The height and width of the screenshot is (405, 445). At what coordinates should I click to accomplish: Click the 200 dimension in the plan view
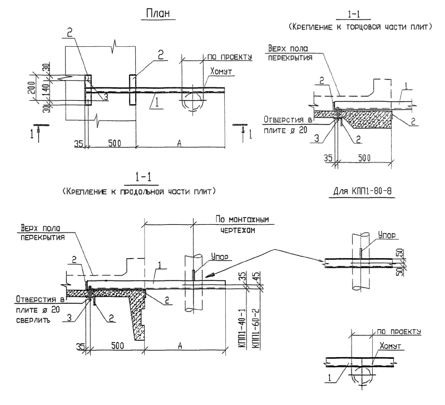pyautogui.click(x=32, y=87)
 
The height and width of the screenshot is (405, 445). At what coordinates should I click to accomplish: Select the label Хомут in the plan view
pyautogui.click(x=221, y=71)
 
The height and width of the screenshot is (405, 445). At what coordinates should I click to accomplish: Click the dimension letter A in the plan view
pyautogui.click(x=179, y=144)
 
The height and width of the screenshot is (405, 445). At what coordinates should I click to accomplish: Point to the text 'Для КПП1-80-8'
pyautogui.click(x=362, y=191)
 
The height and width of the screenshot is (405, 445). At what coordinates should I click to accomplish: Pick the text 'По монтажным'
pyautogui.click(x=242, y=219)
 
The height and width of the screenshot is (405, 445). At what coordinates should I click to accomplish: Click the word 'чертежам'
pyautogui.click(x=238, y=230)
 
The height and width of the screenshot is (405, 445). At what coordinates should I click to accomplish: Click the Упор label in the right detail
pyautogui.click(x=387, y=235)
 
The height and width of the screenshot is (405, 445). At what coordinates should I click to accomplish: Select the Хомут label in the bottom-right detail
pyautogui.click(x=390, y=345)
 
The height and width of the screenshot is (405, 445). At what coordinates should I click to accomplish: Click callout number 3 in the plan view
pyautogui.click(x=105, y=97)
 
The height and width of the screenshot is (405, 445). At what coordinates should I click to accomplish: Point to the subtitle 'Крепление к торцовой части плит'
pyautogui.click(x=360, y=27)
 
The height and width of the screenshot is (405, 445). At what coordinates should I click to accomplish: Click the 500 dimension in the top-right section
pyautogui.click(x=364, y=158)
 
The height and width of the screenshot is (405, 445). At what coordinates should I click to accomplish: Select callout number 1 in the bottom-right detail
pyautogui.click(x=329, y=378)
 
